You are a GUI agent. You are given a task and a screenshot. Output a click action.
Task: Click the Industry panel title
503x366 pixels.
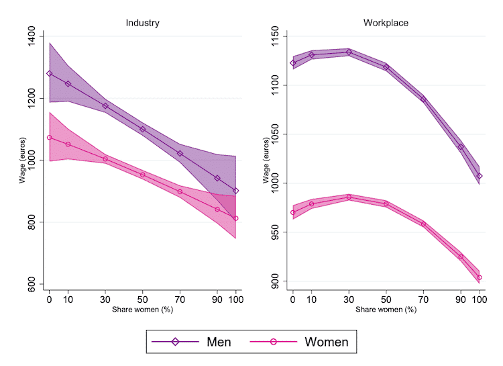click(142, 23)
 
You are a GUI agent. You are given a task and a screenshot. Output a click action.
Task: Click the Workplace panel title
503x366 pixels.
click(386, 23)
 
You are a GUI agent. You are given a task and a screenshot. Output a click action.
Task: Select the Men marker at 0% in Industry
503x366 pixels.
click(49, 73)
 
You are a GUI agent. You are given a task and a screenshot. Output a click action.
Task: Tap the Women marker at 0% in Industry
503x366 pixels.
click(49, 137)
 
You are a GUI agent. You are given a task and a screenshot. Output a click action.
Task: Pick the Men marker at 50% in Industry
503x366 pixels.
click(143, 129)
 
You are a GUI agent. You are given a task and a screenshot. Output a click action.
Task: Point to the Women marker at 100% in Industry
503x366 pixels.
click(236, 218)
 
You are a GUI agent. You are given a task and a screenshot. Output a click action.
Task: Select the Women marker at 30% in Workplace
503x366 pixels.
click(349, 197)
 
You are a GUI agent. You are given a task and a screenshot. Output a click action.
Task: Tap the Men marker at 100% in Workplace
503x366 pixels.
click(480, 176)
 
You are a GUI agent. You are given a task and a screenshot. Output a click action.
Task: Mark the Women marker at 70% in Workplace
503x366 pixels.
click(423, 224)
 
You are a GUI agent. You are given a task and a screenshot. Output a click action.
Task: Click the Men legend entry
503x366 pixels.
click(201, 342)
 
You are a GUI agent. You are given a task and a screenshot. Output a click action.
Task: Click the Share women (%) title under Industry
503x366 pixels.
click(142, 310)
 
